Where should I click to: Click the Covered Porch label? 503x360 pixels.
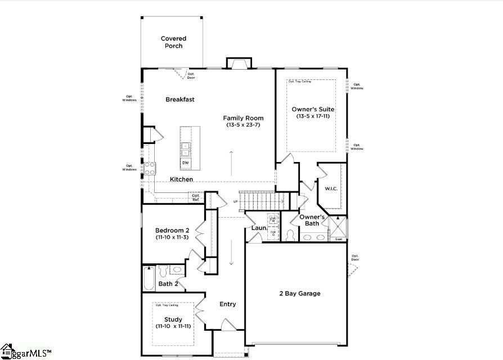coord(173,42)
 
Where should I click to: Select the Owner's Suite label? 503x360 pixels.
coord(313,109)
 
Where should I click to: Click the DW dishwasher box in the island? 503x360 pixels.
coord(185,163)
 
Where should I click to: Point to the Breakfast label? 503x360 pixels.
coord(180,100)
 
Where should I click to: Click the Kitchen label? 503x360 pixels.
coord(182,179)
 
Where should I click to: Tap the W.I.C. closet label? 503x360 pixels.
coord(330,188)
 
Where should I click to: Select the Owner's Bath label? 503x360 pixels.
coord(312,220)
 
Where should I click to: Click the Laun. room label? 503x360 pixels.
coord(259,228)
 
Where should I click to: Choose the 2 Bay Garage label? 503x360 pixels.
coord(300,294)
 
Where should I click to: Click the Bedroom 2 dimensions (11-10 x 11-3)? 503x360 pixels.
coord(172,237)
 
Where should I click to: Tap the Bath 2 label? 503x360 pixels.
coord(168,284)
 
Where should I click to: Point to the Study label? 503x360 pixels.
coord(173,319)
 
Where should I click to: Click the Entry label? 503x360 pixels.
coord(228,304)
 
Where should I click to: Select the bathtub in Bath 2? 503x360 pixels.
coord(149,278)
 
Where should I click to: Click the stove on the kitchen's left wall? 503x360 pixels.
coord(150,168)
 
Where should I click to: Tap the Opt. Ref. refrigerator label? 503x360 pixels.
coord(195,197)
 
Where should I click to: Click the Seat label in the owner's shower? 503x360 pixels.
coord(339,239)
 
